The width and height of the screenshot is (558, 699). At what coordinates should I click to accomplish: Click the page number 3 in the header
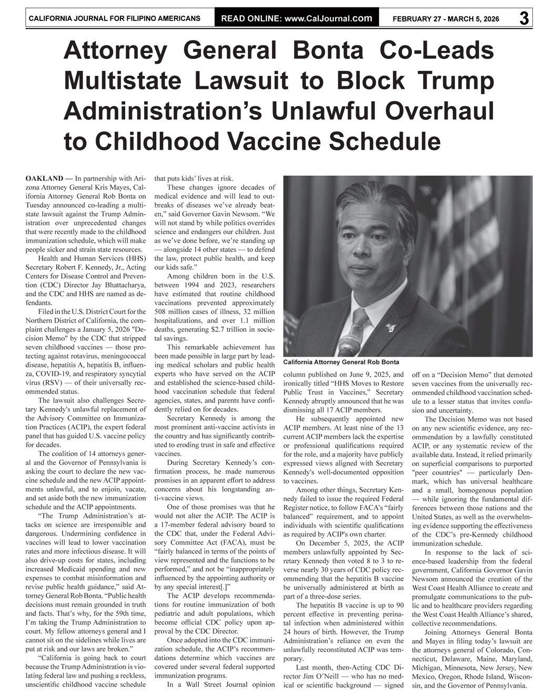click(x=524, y=18)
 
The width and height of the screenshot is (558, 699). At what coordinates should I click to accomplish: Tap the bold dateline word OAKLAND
click(x=44, y=178)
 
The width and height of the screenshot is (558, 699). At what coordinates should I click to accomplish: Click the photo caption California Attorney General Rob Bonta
click(x=341, y=362)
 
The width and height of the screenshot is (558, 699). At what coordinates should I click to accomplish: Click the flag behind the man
click(x=484, y=221)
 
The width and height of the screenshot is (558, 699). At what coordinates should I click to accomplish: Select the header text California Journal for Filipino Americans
click(x=114, y=18)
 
